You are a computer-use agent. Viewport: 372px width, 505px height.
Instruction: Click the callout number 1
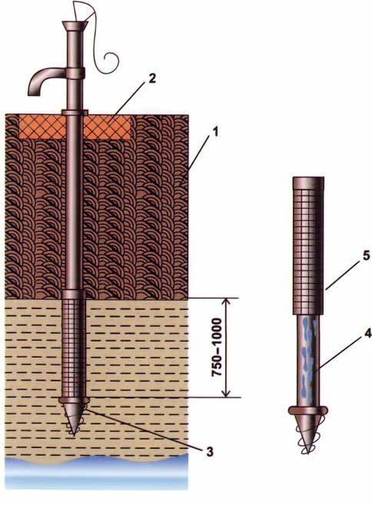tap(215, 132)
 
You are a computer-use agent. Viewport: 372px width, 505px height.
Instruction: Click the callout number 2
tap(152, 78)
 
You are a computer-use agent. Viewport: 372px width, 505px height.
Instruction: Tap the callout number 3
tap(210, 452)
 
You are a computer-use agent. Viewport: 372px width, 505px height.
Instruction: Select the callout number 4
tap(368, 334)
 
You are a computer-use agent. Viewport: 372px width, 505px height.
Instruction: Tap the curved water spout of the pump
tap(45, 81)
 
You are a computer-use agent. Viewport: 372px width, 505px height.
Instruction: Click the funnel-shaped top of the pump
tap(75, 26)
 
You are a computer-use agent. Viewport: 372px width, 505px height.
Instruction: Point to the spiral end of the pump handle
tap(111, 62)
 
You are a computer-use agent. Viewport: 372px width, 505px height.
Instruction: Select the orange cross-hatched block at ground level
tap(75, 127)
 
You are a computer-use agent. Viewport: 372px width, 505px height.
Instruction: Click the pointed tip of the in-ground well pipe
tap(74, 435)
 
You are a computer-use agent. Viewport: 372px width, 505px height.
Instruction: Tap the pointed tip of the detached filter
tap(308, 453)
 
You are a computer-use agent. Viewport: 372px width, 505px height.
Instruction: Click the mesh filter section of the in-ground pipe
tap(74, 348)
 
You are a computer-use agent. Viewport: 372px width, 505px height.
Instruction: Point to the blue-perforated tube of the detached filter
tap(308, 360)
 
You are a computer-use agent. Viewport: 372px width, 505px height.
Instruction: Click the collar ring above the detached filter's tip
tap(308, 410)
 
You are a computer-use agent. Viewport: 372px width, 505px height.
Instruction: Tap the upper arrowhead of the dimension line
tap(227, 302)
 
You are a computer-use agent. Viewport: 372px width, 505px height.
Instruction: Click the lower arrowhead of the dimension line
tap(227, 393)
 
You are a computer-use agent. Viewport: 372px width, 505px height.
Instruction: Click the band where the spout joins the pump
tap(76, 74)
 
